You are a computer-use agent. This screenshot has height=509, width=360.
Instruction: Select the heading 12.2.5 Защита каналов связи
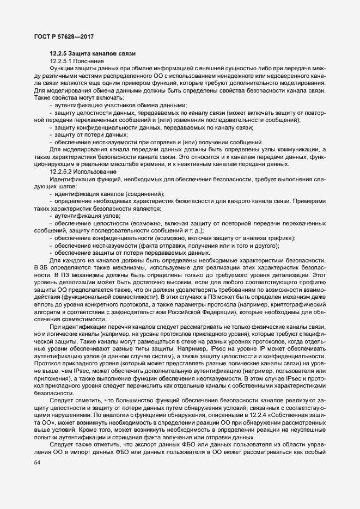click(x=89, y=53)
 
